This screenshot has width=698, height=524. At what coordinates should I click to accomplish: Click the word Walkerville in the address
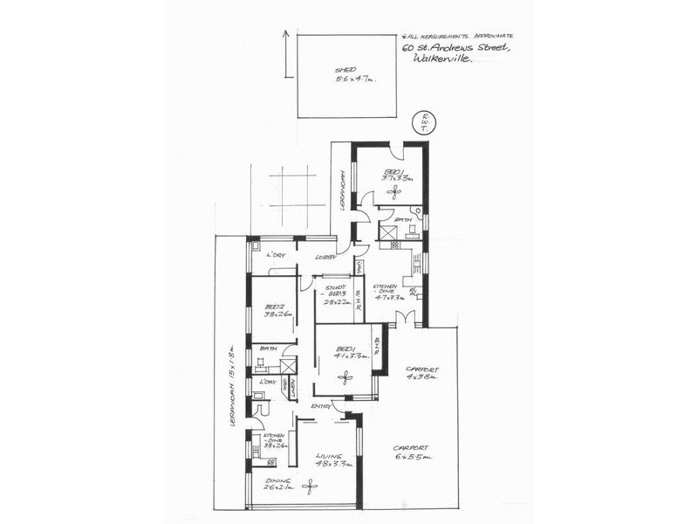[446, 59]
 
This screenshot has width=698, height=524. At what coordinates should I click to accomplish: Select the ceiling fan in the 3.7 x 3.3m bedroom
[393, 190]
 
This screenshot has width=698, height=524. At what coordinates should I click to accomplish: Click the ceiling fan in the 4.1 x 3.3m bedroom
[345, 377]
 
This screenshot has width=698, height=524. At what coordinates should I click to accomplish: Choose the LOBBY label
[326, 257]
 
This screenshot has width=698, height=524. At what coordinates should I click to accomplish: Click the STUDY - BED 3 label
[335, 293]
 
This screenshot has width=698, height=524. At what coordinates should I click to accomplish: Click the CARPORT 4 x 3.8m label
[421, 374]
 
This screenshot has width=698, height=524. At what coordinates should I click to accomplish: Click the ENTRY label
[320, 408]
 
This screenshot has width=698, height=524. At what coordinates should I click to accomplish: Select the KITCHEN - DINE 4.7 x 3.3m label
[387, 292]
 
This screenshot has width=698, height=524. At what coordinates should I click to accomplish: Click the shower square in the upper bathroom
[388, 231]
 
